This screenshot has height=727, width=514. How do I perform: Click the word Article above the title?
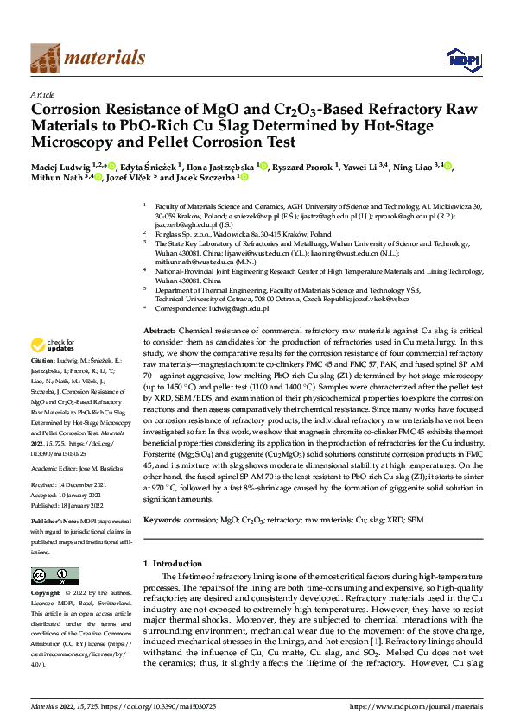42,94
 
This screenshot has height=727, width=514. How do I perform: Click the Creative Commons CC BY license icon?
54,576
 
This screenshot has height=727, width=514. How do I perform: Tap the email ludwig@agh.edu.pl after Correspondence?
238,308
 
